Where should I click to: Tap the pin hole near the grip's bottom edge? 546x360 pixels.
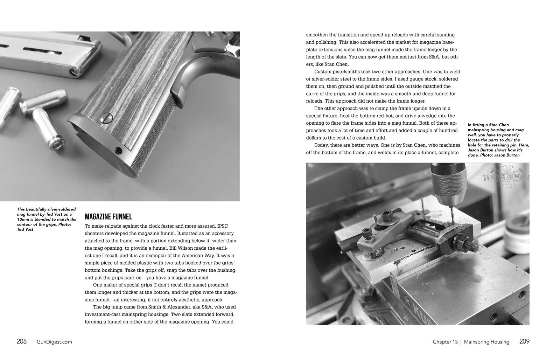[x=119, y=151]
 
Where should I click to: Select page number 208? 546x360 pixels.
[x=21, y=342]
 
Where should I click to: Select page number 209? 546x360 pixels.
[x=524, y=342]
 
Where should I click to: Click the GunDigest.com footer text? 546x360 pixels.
[x=54, y=342]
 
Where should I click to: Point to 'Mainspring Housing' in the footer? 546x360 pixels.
[x=486, y=342]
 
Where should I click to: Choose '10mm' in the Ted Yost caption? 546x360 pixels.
[x=24, y=220]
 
